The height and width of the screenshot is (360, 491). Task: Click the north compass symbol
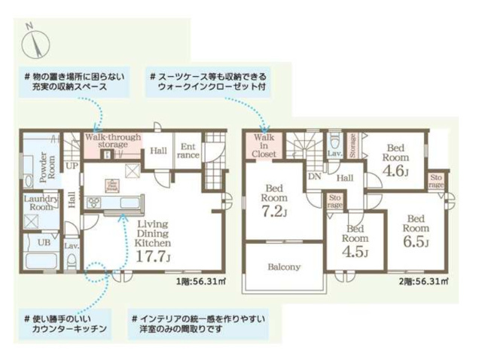[35, 41]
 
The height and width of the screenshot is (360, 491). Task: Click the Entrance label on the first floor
[188, 150]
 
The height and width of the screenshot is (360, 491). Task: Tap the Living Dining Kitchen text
[154, 233]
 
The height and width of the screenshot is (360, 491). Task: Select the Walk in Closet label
[264, 145]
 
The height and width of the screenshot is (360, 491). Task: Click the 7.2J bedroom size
[275, 211]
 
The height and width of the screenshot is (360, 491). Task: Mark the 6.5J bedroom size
[416, 243]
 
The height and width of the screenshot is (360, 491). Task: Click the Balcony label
[285, 267]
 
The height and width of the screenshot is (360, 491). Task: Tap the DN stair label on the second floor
[314, 176]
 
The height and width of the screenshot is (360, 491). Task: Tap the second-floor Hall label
[346, 178]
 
